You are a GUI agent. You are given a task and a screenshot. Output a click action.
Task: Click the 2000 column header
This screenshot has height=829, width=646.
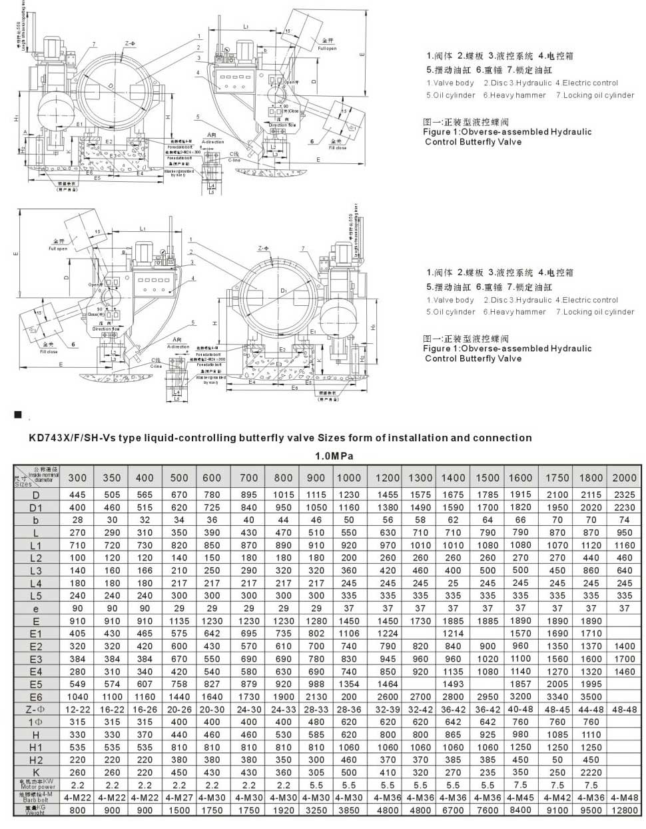(x=623, y=477)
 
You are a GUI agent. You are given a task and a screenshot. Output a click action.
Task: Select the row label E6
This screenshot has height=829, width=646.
(x=36, y=696)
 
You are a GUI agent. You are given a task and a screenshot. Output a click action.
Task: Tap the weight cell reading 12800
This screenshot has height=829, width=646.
(x=623, y=810)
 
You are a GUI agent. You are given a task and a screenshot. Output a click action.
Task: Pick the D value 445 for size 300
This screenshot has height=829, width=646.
(x=77, y=494)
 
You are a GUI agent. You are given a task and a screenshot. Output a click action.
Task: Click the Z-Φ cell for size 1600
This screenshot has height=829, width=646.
(x=520, y=709)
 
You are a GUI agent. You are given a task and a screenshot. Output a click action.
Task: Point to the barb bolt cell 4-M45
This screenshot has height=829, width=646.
(x=520, y=797)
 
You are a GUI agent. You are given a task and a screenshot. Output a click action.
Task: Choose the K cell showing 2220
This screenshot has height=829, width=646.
(x=590, y=772)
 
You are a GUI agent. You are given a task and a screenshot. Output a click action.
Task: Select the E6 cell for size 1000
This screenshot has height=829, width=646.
(x=349, y=696)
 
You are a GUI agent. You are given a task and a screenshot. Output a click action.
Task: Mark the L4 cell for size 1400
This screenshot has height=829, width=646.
(x=453, y=583)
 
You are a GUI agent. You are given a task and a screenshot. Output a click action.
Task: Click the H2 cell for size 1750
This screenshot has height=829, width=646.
(x=557, y=760)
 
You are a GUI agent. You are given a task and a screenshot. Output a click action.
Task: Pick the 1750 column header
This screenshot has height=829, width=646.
(x=557, y=477)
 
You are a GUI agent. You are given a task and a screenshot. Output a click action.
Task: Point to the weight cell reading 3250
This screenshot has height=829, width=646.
(x=316, y=810)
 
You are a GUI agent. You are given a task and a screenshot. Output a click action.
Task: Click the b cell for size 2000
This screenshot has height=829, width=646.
(x=623, y=520)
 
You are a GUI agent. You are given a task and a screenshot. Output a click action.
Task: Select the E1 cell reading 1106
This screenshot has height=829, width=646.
(x=349, y=633)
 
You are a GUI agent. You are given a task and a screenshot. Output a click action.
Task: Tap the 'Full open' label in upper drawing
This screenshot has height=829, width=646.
(x=327, y=49)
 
